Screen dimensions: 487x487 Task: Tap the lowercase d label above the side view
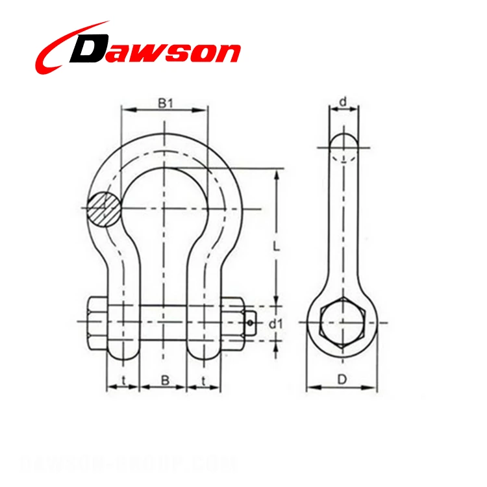(x=342, y=101)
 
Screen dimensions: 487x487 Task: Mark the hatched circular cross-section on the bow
(x=105, y=209)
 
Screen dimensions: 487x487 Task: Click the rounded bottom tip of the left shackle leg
(x=123, y=354)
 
